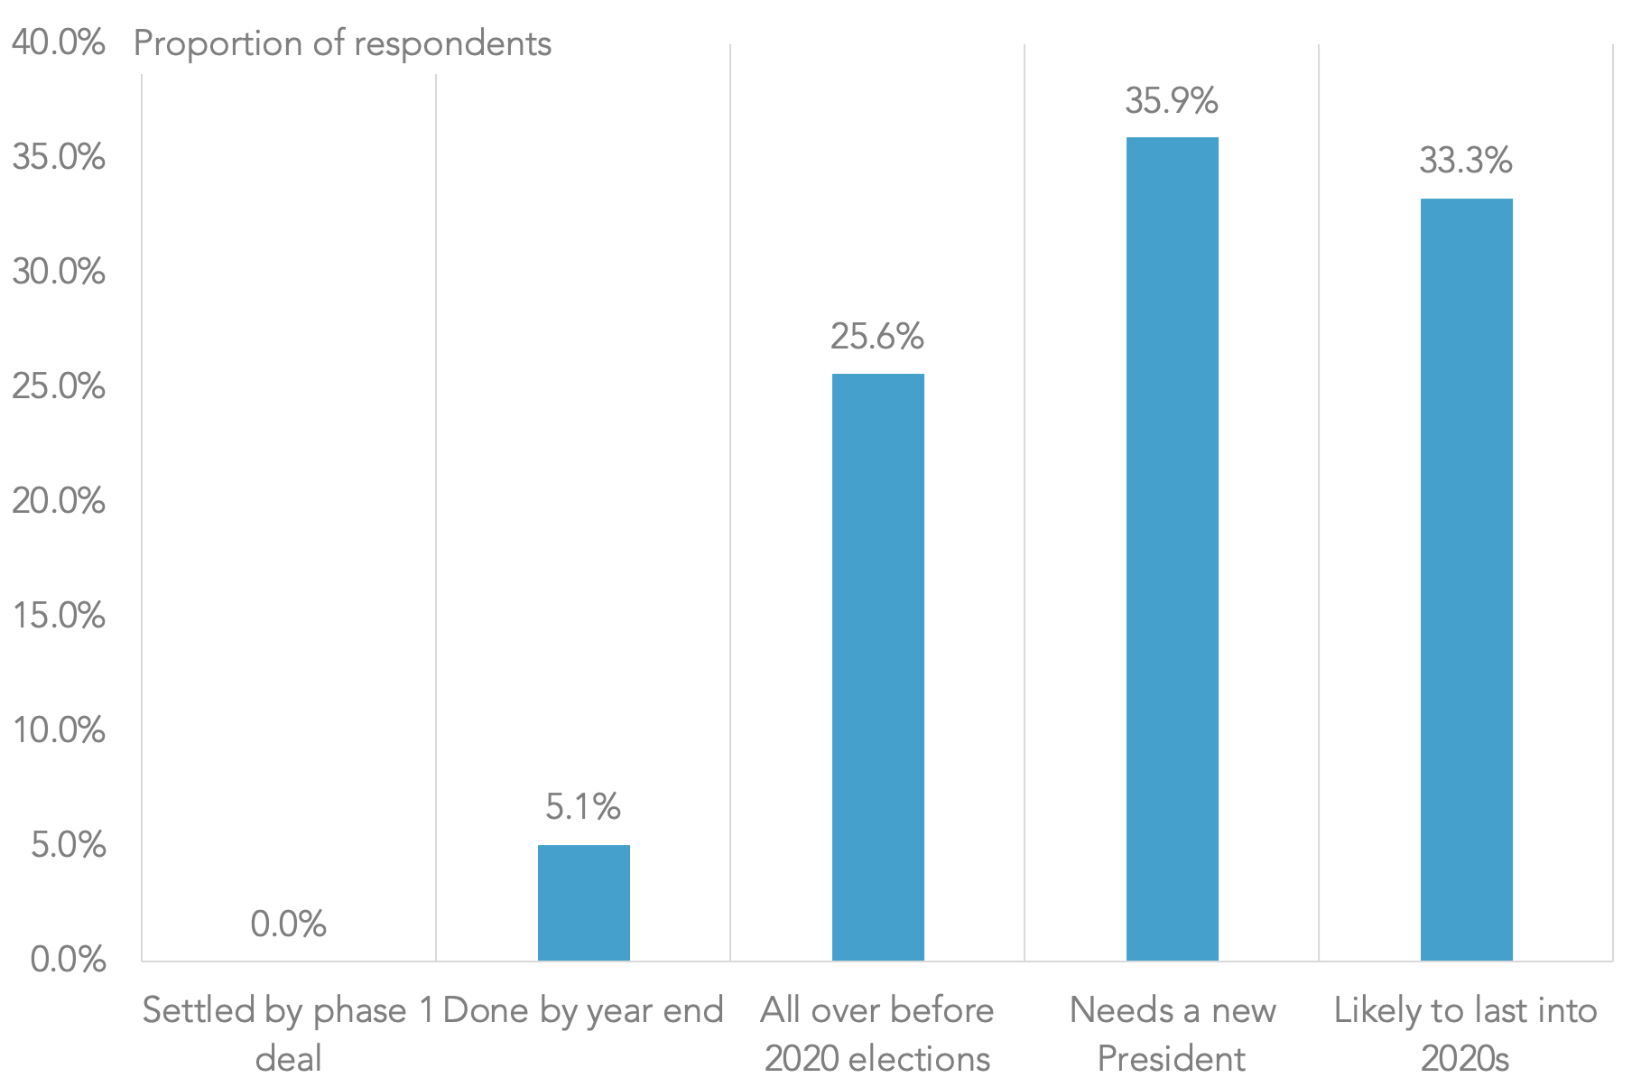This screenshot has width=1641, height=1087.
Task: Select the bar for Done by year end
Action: coord(583,902)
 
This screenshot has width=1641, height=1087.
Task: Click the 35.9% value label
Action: coord(1172,101)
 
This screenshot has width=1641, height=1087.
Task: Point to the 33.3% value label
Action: coord(1466,162)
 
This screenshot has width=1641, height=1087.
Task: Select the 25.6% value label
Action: coord(877,337)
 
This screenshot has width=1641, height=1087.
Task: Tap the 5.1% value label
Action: coord(583,807)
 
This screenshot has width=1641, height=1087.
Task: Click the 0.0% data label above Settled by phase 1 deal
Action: coord(289,924)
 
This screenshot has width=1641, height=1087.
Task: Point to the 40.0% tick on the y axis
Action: coord(59,42)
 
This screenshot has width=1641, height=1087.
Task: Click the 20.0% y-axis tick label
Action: coord(59,501)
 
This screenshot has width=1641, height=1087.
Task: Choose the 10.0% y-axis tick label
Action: coord(59,730)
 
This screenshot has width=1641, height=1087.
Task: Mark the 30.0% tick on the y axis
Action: coord(59,272)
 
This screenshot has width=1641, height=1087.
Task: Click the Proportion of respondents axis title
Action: coord(342,43)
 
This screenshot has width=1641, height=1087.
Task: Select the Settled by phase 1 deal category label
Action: coord(289,1033)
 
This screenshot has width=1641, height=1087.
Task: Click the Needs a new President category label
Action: coord(1172,1033)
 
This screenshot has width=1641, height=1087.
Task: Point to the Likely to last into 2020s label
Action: coord(1466,1033)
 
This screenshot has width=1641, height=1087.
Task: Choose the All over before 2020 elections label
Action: coord(877,1033)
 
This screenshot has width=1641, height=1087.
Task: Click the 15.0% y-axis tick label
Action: coord(59,616)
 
